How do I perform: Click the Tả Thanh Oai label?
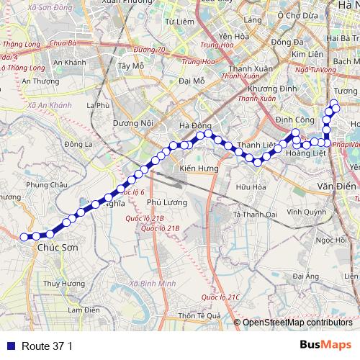coord(255,214)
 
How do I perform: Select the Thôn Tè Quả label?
coord(199,315)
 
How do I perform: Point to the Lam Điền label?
coord(83,310)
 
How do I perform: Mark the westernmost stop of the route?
coord(24,236)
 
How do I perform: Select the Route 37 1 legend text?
coord(48,346)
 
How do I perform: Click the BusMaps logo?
coord(325,345)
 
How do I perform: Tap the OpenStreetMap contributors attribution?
coord(296,323)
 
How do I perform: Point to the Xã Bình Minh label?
coord(153,284)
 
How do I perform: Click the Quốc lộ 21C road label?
coord(220,297)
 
